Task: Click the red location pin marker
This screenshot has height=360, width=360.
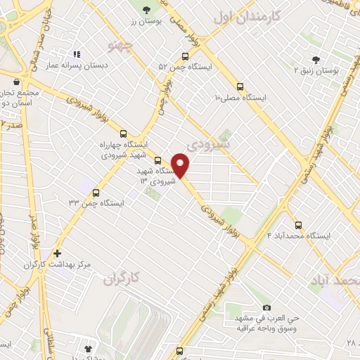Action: [181, 165]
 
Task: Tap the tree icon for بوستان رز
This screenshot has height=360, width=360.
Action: [146, 10]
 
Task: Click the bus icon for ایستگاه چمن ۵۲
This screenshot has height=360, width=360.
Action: [185, 56]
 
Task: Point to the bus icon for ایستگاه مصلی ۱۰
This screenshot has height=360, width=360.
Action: [240, 87]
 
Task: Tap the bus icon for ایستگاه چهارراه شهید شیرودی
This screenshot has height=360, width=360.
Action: [124, 133]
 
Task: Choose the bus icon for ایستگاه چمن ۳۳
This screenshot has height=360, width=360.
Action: [96, 192]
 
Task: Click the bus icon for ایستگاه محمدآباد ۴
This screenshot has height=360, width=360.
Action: [299, 225]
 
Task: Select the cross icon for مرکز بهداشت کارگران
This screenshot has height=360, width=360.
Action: [57, 253]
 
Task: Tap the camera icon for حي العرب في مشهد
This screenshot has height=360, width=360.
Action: [266, 308]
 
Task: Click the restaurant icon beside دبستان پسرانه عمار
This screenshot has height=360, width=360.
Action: [77, 53]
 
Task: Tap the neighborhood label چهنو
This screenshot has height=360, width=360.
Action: [121, 46]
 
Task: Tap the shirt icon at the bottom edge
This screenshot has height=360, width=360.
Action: [88, 348]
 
